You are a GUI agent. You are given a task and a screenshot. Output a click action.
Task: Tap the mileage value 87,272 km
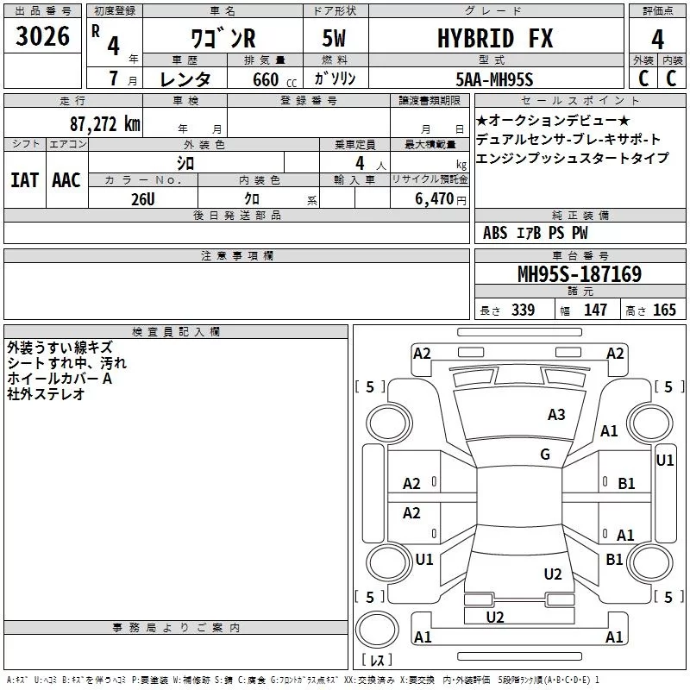[x=104, y=123]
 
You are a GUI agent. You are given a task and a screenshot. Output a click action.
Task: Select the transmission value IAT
[x=24, y=179]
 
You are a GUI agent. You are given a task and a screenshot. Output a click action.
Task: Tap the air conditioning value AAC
[x=66, y=179]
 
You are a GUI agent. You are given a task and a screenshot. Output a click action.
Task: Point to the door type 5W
[x=336, y=39]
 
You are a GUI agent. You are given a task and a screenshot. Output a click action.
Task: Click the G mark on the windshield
[x=544, y=455]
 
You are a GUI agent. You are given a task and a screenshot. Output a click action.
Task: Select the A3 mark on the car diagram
[x=556, y=415]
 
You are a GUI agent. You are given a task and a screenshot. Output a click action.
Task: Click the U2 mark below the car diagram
[x=494, y=617]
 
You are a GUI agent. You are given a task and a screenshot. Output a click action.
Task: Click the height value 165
[x=664, y=310]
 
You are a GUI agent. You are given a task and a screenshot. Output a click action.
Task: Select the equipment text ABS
[x=495, y=233]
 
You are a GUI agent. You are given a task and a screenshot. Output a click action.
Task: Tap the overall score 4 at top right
[x=658, y=39]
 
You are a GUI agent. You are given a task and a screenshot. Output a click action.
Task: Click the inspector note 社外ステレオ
[x=46, y=394]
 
